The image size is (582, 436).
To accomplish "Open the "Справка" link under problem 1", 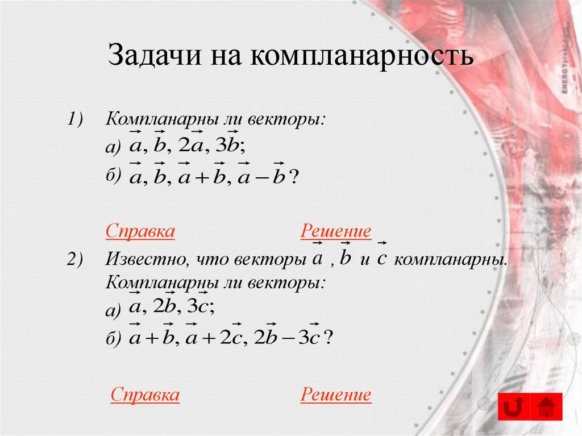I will click(x=140, y=231).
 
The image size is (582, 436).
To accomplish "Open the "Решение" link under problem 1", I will click(x=336, y=231).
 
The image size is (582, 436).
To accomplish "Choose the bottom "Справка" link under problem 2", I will click(x=145, y=395).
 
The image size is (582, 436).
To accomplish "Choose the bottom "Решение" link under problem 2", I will click(x=336, y=395).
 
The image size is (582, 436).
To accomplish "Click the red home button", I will click(x=546, y=407).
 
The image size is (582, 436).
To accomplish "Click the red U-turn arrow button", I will click(x=514, y=407).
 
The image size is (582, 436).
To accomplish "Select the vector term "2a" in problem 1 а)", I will click(x=190, y=146).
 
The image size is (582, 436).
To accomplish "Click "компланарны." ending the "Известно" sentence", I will click(x=450, y=260).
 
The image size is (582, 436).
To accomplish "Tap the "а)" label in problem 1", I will click(x=113, y=147).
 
